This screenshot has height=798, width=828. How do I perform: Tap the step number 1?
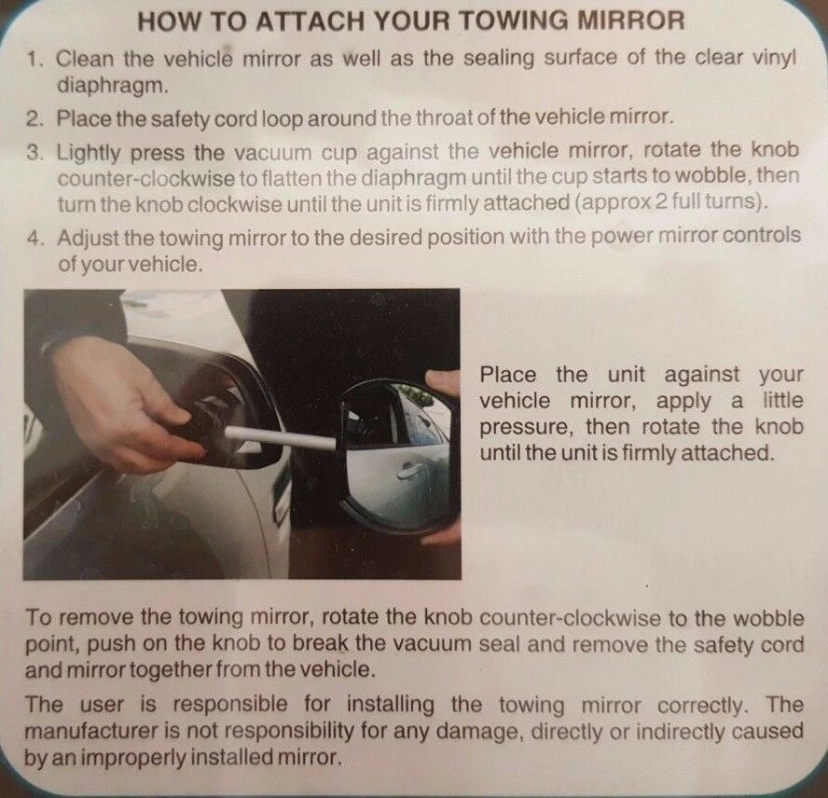(34, 59)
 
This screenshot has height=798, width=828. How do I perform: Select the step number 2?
(34, 118)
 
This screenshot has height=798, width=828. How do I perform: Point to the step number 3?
(34, 153)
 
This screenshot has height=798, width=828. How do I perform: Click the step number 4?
(34, 238)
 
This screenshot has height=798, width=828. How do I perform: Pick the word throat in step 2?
(445, 117)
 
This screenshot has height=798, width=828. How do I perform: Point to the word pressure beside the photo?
(526, 427)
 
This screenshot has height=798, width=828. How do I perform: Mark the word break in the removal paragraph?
(321, 644)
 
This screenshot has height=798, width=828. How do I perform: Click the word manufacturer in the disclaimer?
(92, 732)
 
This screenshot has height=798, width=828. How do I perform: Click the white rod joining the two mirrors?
(280, 439)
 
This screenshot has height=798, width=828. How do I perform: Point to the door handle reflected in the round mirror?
(409, 470)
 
